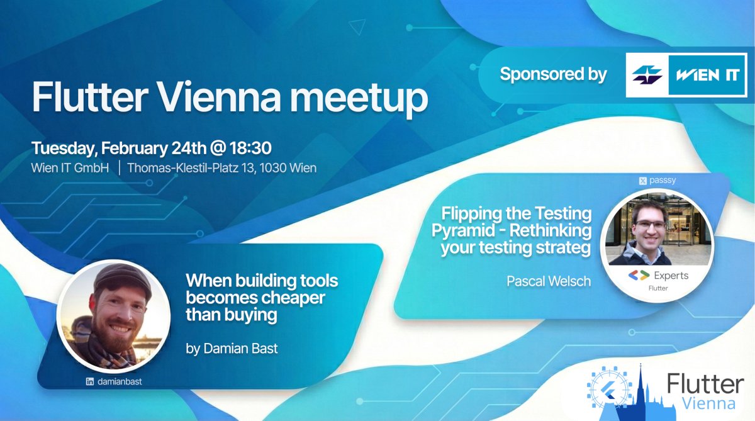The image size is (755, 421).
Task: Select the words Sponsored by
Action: click(553, 74)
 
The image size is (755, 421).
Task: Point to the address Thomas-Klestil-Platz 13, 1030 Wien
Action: click(221, 168)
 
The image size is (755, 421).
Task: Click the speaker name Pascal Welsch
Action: click(549, 281)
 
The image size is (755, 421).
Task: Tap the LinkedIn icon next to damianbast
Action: click(90, 381)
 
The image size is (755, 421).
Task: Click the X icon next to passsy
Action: click(643, 181)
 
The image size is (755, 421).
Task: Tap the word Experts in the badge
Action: click(671, 276)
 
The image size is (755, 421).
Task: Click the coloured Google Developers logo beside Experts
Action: click(639, 276)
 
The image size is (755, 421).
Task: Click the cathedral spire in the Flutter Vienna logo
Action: click(640, 384)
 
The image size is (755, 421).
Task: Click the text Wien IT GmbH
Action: click(70, 168)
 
